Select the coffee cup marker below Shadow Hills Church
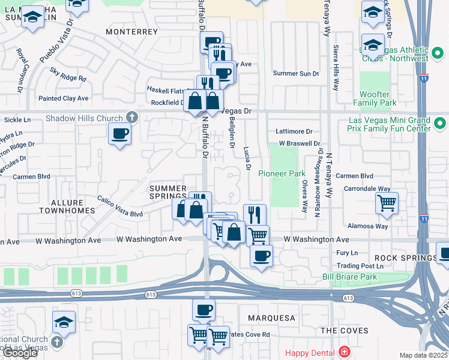(x=120, y=134)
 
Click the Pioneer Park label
(x=279, y=173)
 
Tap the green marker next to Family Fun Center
(x=440, y=124)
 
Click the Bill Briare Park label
(x=349, y=277)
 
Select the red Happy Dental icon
(x=345, y=352)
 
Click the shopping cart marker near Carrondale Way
(x=387, y=203)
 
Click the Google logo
(x=20, y=353)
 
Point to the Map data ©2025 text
(x=424, y=355)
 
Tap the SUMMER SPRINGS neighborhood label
(x=168, y=193)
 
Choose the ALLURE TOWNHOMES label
(x=67, y=206)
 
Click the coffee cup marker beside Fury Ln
(x=261, y=256)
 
